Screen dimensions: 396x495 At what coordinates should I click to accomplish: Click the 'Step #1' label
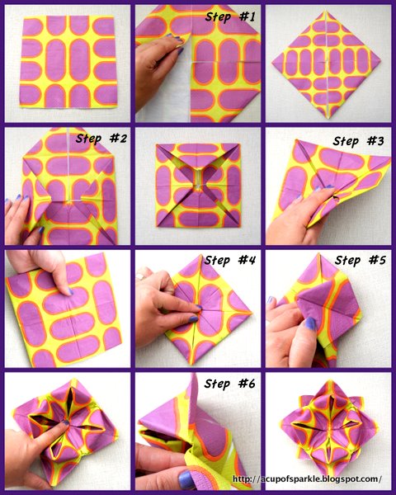point(229,16)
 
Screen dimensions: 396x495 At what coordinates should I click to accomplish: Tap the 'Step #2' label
point(101,138)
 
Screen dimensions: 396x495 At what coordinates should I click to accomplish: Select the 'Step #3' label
point(358,141)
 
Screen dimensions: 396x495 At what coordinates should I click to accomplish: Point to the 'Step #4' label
point(229,260)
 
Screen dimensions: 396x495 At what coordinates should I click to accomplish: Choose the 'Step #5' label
point(361,260)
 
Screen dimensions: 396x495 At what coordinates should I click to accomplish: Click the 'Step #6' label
point(229,384)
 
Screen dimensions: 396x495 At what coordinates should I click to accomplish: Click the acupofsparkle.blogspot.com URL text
point(307,478)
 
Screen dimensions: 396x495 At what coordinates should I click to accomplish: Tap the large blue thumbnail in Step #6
point(186,480)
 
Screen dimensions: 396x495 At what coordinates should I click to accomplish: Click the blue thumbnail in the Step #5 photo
point(310,323)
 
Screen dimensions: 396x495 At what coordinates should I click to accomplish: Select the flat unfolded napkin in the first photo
point(68,61)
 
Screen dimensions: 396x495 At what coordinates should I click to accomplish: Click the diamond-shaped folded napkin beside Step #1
point(327,64)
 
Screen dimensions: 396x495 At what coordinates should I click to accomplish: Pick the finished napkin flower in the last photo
point(328,430)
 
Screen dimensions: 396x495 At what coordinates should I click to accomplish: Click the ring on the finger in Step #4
point(140,277)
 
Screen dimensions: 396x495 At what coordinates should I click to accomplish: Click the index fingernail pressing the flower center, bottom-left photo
point(66,422)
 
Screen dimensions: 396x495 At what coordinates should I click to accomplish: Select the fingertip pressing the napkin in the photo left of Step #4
point(69,292)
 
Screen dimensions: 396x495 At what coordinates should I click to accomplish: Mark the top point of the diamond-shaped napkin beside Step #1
point(325,11)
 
